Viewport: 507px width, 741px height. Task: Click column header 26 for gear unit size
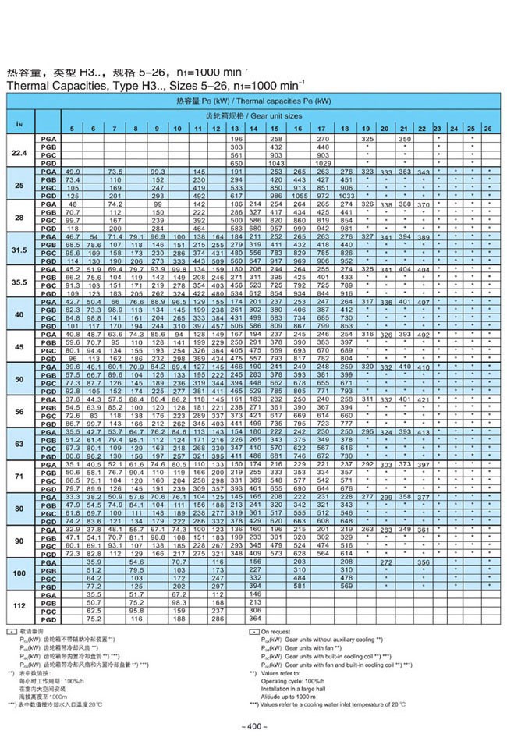coord(487,127)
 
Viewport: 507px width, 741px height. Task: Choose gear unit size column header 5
coord(73,127)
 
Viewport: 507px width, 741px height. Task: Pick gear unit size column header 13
coord(234,127)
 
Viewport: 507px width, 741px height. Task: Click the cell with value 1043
coord(275,162)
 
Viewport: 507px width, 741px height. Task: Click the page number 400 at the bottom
coord(254,726)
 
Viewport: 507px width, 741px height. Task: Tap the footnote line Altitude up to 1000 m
coord(292,693)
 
